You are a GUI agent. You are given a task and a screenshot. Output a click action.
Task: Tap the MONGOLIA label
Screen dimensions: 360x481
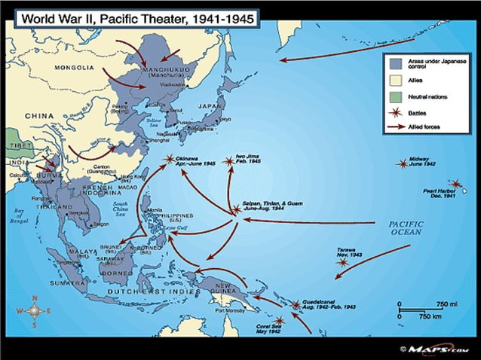tap(73, 68)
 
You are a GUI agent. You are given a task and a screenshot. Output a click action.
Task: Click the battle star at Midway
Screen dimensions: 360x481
tap(403, 164)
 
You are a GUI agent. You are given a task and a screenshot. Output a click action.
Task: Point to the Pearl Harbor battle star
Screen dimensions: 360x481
tap(455, 183)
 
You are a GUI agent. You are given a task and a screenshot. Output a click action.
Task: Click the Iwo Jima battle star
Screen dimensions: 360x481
tap(229, 160)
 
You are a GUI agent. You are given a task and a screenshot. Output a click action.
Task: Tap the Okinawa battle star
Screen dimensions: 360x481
tap(170, 159)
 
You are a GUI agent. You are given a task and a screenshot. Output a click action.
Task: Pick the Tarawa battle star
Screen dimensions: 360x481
tap(344, 262)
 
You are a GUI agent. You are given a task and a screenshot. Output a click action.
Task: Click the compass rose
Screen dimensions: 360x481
tap(33, 310)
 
